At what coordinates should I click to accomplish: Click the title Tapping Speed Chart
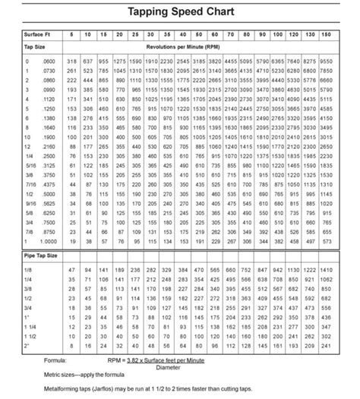[180, 13]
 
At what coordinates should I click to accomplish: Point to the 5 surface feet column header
[73, 36]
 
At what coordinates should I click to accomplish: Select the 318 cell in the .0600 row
[73, 60]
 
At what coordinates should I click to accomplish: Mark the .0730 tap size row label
[47, 70]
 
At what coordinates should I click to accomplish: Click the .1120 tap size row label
[47, 100]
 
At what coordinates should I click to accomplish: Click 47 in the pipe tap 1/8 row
[73, 270]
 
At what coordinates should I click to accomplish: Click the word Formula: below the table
[55, 359]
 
